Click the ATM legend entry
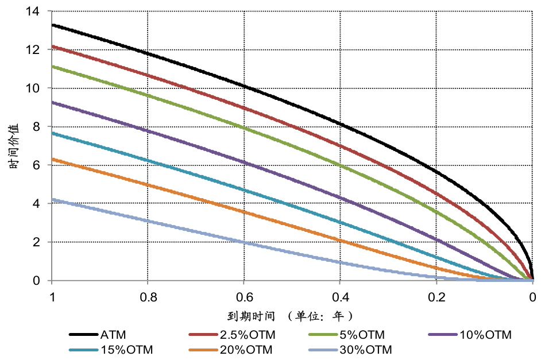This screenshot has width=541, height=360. (x=113, y=334)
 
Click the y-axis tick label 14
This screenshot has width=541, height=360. (x=33, y=11)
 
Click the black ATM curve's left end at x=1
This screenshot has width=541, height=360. (x=52, y=25)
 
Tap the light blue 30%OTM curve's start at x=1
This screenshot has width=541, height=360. (x=52, y=199)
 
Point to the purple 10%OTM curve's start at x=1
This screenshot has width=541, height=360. (x=52, y=102)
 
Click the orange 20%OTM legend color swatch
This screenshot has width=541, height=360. (x=202, y=349)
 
